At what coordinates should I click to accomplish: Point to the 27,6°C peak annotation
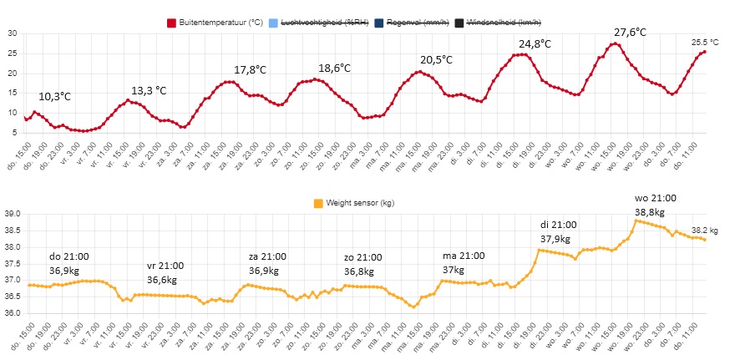(630, 32)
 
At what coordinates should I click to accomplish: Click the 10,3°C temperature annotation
(55, 96)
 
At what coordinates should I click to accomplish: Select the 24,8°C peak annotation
(535, 43)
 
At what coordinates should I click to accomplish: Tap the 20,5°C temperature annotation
(436, 60)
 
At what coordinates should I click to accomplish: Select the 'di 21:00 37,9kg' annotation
(557, 231)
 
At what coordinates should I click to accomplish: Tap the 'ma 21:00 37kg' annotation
(462, 262)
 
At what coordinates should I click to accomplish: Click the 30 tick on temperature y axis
(13, 33)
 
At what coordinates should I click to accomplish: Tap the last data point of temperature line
(704, 52)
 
